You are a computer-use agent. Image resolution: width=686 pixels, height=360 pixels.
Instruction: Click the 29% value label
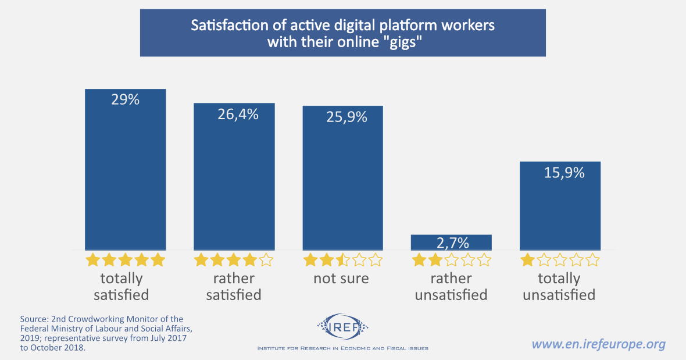coord(126,99)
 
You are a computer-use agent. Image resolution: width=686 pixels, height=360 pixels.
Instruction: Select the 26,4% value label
coord(234,114)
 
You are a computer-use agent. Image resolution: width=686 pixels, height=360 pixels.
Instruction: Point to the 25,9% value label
coord(343,117)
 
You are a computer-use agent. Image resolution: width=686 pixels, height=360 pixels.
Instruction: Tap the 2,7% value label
coord(452,243)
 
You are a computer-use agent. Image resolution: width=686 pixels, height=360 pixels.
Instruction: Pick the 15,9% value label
coord(560,173)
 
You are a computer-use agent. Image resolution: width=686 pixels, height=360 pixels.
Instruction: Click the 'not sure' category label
coord(341,278)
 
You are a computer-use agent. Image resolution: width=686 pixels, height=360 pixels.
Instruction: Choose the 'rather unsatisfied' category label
coord(451,286)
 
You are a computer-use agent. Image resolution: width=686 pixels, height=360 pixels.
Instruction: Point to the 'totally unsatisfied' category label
coord(559,286)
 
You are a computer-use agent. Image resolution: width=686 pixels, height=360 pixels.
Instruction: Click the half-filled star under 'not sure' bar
coord(343,259)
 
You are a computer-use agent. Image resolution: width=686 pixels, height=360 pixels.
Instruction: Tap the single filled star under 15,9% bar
coord(528,259)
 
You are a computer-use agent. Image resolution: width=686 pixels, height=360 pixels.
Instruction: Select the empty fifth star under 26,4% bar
coord(266,259)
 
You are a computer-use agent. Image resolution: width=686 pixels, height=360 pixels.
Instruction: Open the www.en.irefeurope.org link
coord(599,344)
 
